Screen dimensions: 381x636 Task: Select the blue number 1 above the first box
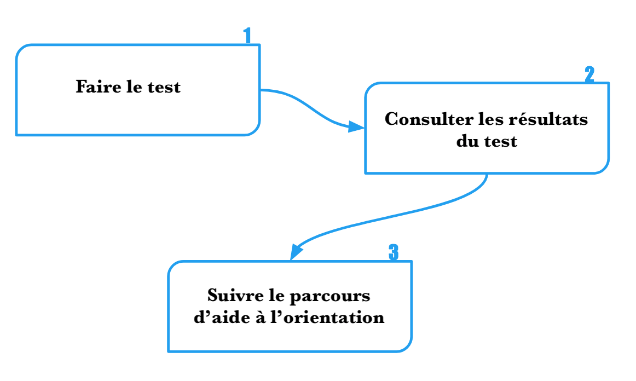point(247,36)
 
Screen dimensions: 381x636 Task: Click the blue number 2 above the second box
point(589,75)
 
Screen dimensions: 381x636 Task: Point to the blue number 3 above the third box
point(393,253)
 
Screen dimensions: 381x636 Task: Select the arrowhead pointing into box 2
point(356,128)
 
